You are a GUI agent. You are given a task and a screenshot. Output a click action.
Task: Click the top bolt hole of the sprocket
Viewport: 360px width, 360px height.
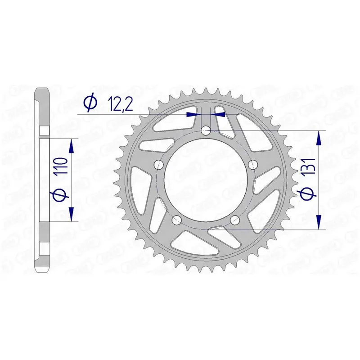click(206, 131)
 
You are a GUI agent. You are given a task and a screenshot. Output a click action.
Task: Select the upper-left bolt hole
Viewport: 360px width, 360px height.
click(158, 164)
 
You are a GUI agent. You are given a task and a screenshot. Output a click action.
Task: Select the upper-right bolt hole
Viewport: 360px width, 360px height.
click(253, 164)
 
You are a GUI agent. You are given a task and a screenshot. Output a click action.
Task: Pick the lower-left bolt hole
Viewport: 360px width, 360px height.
click(176, 220)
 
